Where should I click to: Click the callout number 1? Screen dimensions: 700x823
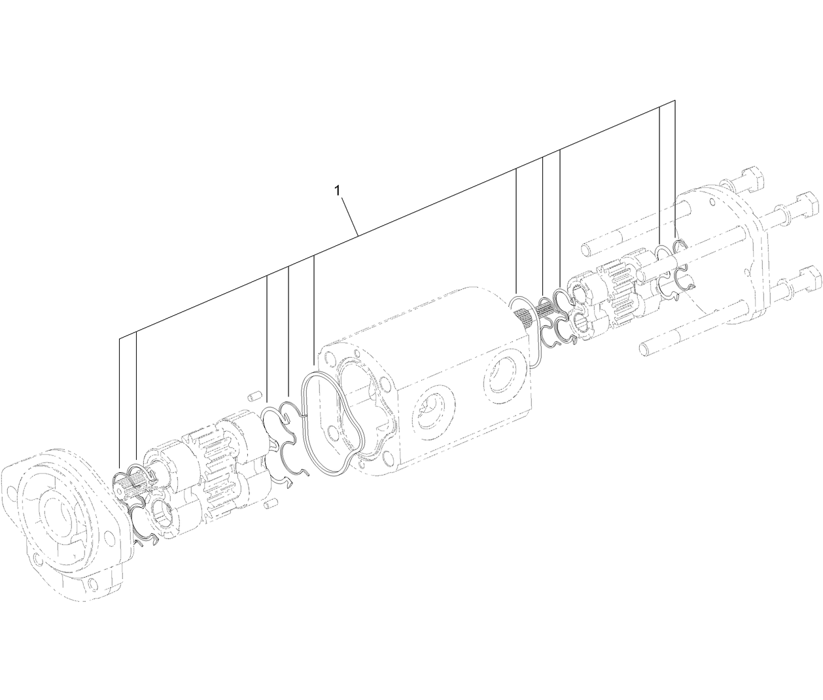click(338, 191)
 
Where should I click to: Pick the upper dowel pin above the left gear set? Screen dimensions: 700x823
click(255, 396)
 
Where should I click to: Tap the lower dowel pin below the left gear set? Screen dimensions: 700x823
click(272, 504)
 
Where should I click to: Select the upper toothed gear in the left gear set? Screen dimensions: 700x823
click(209, 445)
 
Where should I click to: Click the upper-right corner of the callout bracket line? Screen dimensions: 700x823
click(675, 101)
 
